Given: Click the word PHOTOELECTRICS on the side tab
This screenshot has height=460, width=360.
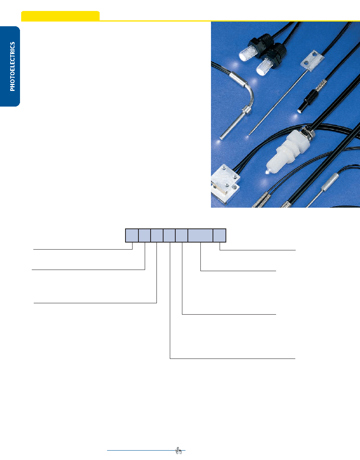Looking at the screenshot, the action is pyautogui.click(x=12, y=66).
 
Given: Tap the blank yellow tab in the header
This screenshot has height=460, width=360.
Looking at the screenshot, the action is pyautogui.click(x=60, y=16).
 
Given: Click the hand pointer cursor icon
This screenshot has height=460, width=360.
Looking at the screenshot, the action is pyautogui.click(x=178, y=451).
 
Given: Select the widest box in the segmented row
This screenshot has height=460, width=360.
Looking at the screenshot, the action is pyautogui.click(x=200, y=235).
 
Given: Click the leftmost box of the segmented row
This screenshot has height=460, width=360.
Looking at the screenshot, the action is pyautogui.click(x=132, y=235).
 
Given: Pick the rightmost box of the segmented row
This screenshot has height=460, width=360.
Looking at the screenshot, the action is pyautogui.click(x=220, y=235).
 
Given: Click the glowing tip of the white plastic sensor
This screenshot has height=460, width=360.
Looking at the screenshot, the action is pyautogui.click(x=267, y=172).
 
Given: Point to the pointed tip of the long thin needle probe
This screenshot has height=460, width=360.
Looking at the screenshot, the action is pyautogui.click(x=249, y=134).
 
